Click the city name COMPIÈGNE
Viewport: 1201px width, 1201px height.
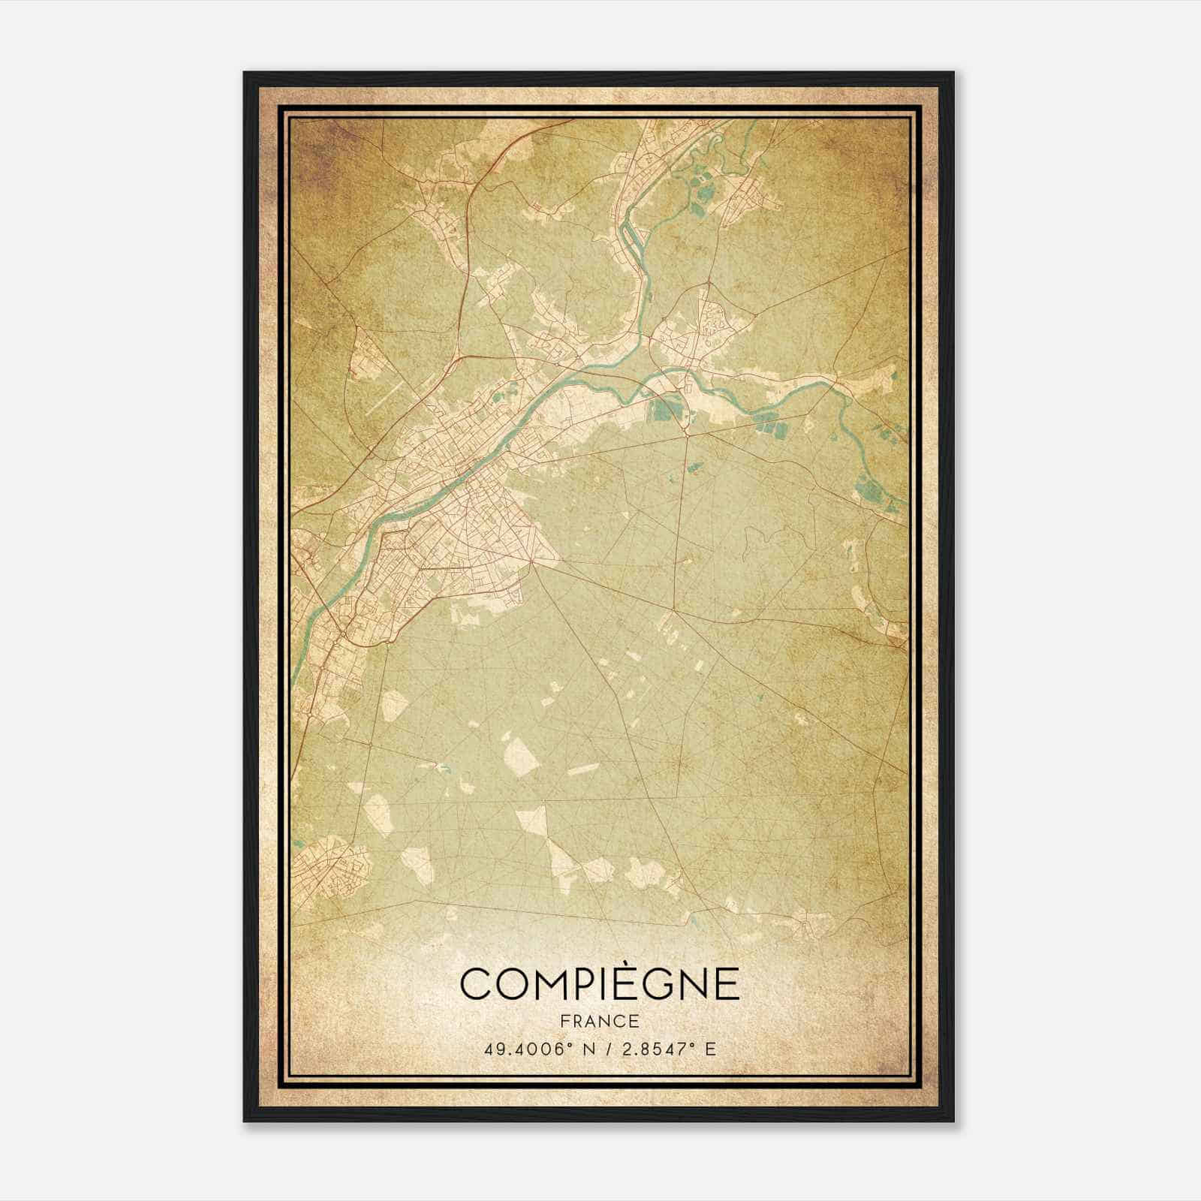600,984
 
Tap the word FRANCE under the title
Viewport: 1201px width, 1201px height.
600,1022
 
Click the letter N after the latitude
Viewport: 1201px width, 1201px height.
589,1049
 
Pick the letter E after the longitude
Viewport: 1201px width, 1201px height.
710,1049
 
